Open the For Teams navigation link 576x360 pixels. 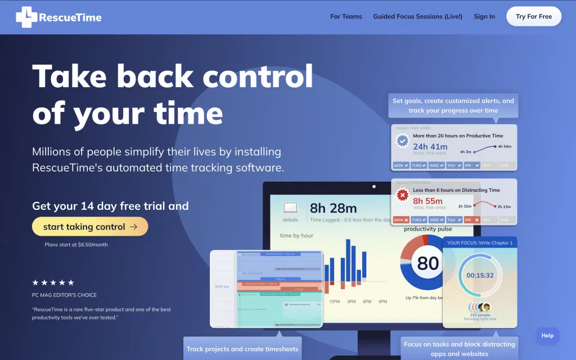[346, 16]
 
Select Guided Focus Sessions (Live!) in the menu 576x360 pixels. [417, 16]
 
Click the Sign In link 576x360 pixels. [484, 16]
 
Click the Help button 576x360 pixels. [547, 336]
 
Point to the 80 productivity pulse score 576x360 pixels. [428, 263]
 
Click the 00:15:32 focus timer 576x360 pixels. [480, 275]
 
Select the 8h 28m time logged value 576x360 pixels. [334, 209]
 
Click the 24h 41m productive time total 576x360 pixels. [430, 146]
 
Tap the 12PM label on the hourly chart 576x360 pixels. [335, 301]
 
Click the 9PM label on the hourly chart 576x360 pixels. [383, 301]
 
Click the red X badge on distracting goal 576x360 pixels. [402, 196]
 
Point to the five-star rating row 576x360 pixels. [53, 282]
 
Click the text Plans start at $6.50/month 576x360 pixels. [76, 245]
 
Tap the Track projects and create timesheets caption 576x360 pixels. [242, 349]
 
